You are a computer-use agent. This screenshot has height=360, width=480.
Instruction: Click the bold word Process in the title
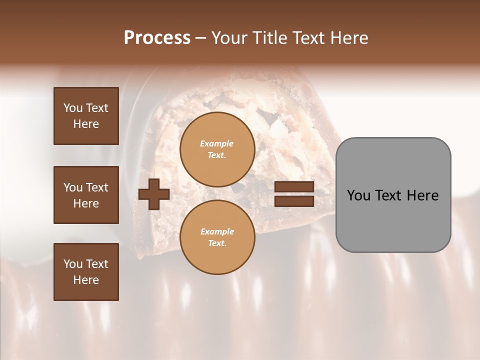click(157, 38)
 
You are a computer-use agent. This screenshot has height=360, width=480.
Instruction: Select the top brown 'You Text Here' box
click(86, 116)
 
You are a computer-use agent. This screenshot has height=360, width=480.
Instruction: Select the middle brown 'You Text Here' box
click(86, 195)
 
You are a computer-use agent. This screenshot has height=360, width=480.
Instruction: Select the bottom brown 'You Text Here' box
click(86, 272)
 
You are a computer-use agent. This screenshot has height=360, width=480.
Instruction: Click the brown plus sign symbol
click(154, 193)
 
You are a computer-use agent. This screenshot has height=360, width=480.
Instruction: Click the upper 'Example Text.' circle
click(217, 149)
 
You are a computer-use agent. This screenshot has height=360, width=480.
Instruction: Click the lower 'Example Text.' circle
click(217, 237)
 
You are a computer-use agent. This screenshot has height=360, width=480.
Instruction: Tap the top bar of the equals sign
click(294, 187)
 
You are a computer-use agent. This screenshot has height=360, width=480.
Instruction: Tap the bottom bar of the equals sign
click(294, 201)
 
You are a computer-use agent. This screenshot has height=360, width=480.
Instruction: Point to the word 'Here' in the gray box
click(422, 195)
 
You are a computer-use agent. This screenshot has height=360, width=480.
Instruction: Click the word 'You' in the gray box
click(358, 195)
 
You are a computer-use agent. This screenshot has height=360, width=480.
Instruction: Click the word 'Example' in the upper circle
click(217, 144)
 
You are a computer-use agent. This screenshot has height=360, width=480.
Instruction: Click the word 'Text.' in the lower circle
click(217, 243)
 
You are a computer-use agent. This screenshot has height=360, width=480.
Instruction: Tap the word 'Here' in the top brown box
click(86, 124)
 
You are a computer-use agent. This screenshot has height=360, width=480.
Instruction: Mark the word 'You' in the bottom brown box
click(73, 264)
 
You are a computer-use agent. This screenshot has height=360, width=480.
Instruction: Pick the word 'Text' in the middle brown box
click(97, 187)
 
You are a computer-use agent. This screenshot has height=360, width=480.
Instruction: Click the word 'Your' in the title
click(229, 38)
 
